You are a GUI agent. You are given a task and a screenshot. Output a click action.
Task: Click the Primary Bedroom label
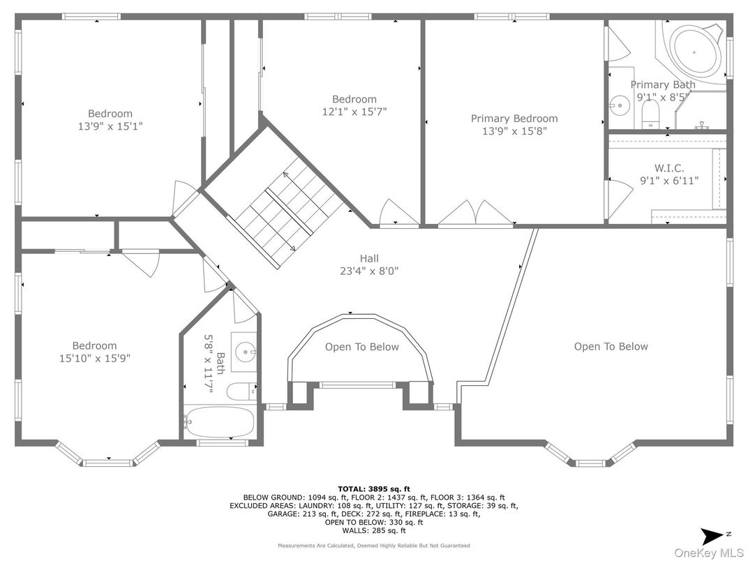pos(514,119)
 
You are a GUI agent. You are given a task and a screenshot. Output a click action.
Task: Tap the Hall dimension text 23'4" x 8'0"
pos(368,271)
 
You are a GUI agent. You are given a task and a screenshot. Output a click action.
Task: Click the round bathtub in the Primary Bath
pos(694,52)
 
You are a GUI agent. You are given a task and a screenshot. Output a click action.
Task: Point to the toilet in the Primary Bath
pos(650,115)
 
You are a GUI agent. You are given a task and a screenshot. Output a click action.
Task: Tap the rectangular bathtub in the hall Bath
pos(219,421)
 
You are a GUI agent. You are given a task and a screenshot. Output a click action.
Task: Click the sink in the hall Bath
pos(245,352)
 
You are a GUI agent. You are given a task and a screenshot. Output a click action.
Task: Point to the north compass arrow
pos(712,535)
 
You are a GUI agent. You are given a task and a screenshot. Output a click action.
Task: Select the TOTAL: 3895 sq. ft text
pos(373,489)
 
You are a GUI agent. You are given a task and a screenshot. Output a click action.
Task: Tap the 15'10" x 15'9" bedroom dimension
pos(94,358)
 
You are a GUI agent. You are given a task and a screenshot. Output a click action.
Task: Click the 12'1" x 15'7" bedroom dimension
pos(354,112)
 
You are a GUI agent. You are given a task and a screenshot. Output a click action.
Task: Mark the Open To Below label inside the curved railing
pos(361,347)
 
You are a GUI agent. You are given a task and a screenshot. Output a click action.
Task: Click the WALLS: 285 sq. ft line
pos(373,530)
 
